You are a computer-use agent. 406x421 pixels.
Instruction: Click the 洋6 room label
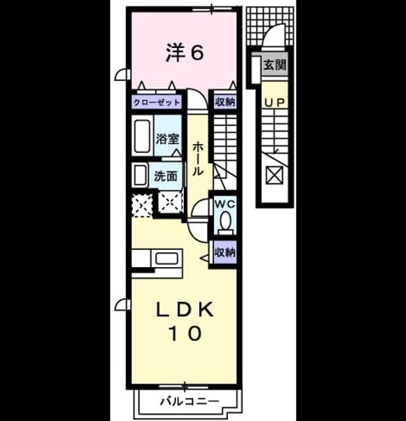(185, 53)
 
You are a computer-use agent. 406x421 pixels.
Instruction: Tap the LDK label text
(185, 310)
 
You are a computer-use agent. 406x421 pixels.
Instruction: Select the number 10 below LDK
(185, 334)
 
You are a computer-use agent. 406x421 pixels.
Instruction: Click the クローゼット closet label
(156, 103)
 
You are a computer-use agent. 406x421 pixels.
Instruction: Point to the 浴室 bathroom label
(168, 139)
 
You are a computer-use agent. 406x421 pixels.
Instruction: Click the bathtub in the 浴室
(142, 136)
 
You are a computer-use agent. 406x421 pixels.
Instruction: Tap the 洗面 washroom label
(166, 176)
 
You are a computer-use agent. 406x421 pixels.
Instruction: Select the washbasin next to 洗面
(140, 175)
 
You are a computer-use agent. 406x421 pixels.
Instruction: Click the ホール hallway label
(198, 159)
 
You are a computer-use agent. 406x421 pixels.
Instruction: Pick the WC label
(225, 205)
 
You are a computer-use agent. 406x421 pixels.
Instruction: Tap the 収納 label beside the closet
(225, 102)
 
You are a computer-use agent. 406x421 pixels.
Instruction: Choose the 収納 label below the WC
(225, 252)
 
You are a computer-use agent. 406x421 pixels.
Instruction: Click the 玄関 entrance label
(275, 64)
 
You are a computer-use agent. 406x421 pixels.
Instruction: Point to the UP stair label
(275, 103)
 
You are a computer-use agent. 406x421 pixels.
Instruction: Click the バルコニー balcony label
(189, 402)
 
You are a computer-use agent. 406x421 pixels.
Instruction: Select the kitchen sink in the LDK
(166, 259)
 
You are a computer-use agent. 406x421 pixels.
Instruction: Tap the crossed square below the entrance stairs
(275, 175)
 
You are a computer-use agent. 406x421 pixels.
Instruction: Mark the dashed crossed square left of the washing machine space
(142, 206)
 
